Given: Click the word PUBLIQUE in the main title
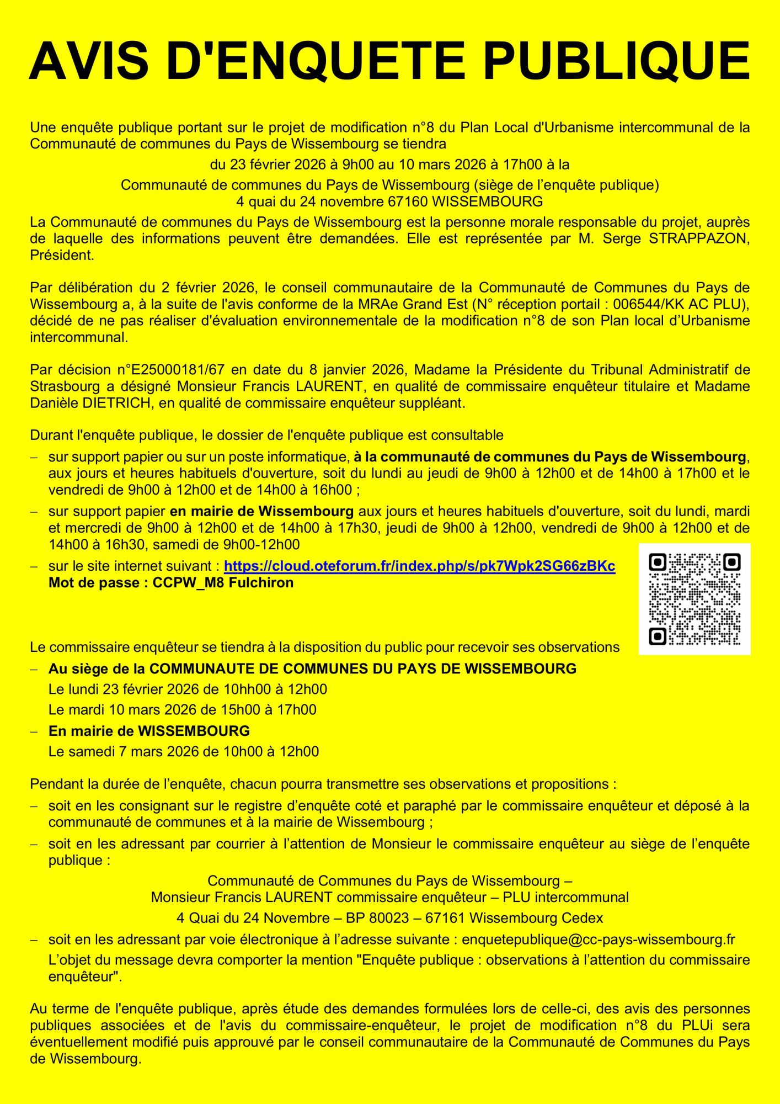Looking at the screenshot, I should click(x=617, y=61).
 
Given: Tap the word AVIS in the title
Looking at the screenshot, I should click(x=89, y=61).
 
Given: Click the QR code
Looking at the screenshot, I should click(x=694, y=599).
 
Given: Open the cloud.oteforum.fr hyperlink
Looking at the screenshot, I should click(x=419, y=566).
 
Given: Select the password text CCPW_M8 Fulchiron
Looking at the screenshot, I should click(x=223, y=582).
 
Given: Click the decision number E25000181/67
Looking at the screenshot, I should click(x=171, y=370).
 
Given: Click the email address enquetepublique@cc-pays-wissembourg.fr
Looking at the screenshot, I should click(x=599, y=940).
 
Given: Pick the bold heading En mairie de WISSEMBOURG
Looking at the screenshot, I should click(x=149, y=731).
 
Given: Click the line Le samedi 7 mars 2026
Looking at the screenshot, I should click(x=184, y=751).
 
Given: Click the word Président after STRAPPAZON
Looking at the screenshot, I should click(x=62, y=255).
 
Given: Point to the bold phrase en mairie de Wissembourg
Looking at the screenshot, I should click(x=261, y=511).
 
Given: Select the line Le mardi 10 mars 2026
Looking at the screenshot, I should click(x=182, y=709).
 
